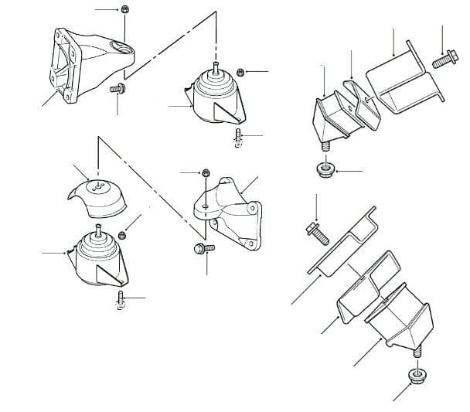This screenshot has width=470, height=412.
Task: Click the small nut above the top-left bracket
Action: (124, 10)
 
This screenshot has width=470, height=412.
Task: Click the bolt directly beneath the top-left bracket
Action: (117, 90)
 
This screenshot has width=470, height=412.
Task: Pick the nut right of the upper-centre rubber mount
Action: (241, 71)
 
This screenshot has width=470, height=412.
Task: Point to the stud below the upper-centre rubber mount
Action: (237, 138)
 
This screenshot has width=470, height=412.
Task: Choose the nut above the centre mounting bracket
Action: (206, 172)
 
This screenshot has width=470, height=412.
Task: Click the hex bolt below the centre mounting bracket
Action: (199, 249)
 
